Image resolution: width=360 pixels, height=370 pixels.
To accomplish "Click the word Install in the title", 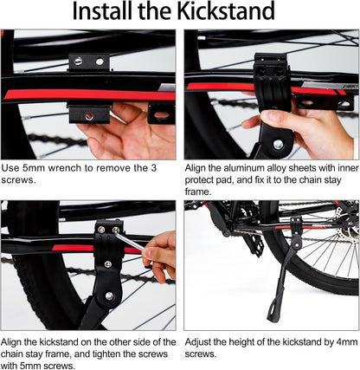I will coord(103,12).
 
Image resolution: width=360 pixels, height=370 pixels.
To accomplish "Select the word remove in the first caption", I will coord(118,167).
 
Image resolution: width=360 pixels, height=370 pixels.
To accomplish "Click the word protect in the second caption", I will coord(201,179).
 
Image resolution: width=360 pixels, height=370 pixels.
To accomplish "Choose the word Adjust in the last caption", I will coord(201,341).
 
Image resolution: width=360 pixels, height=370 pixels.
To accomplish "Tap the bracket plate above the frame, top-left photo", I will coord(88,62).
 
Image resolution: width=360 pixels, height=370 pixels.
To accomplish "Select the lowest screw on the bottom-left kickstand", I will coord(108,296).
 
